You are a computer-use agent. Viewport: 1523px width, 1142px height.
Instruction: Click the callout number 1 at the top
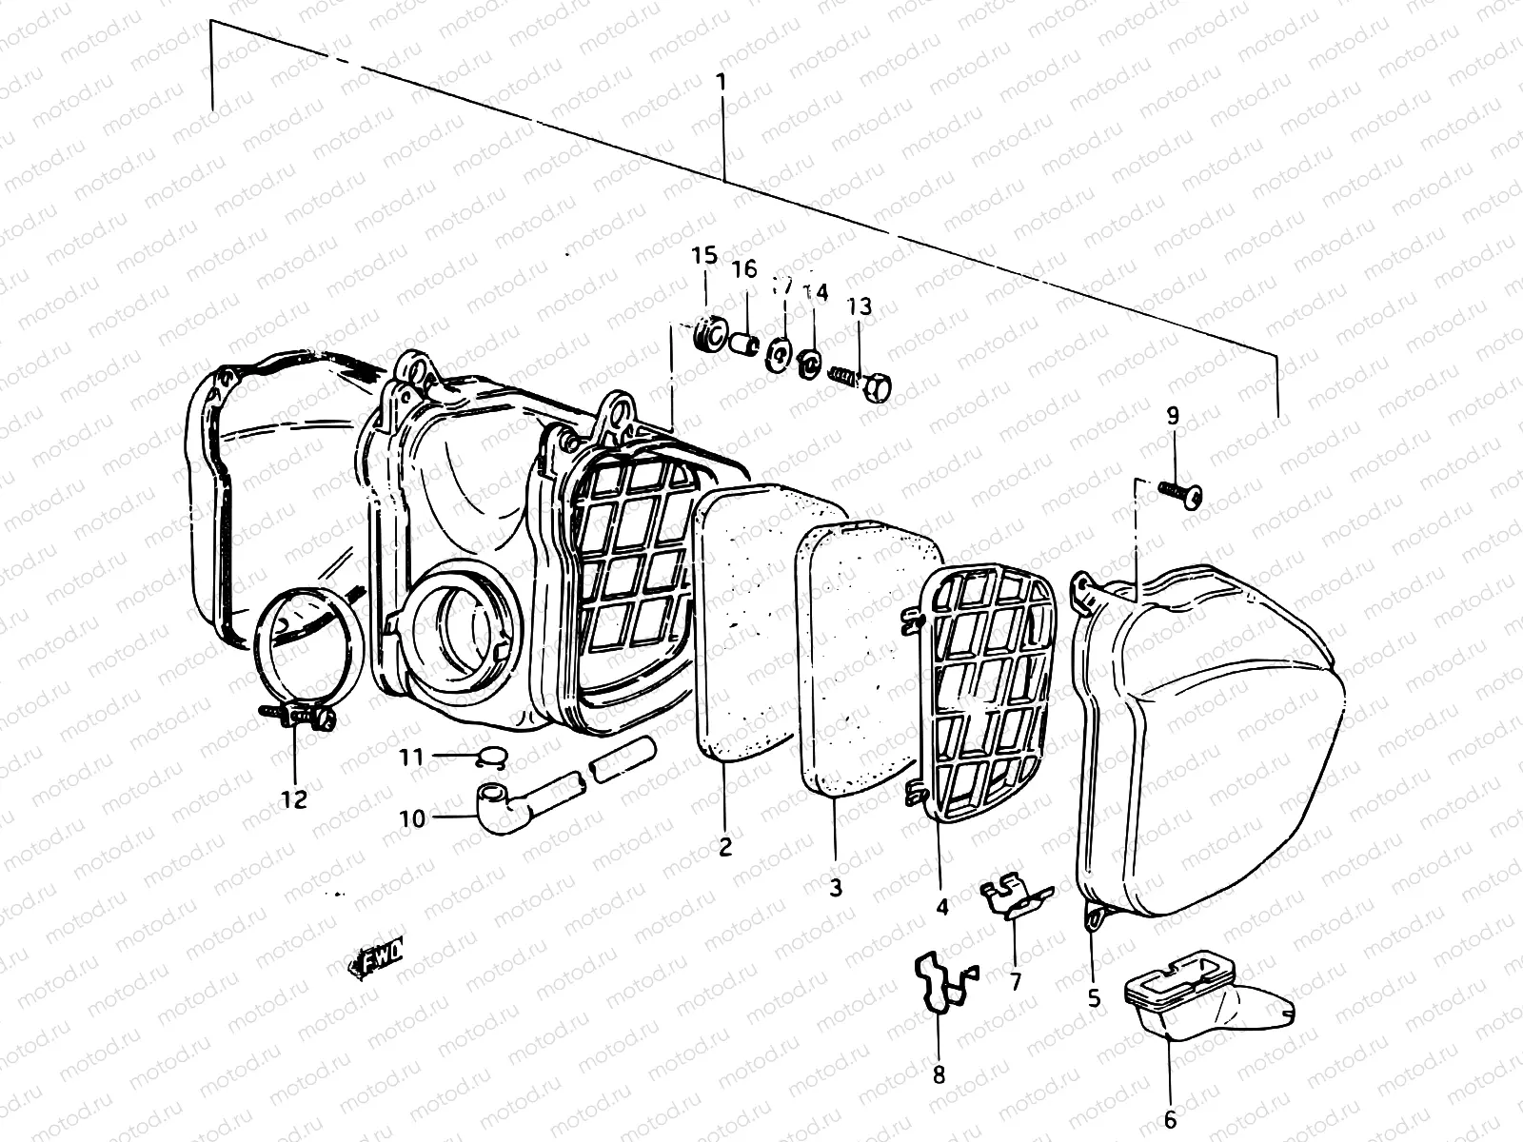(722, 83)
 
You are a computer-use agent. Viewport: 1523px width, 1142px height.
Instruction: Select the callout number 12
(294, 799)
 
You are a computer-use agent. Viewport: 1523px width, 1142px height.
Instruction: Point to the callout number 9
(1173, 415)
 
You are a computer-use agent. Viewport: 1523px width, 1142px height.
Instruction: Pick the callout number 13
(860, 306)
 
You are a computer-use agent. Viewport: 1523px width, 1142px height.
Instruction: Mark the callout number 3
(835, 888)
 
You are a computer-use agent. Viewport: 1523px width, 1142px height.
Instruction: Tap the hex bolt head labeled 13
(877, 388)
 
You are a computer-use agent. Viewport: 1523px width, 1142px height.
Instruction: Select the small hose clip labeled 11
(491, 758)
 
